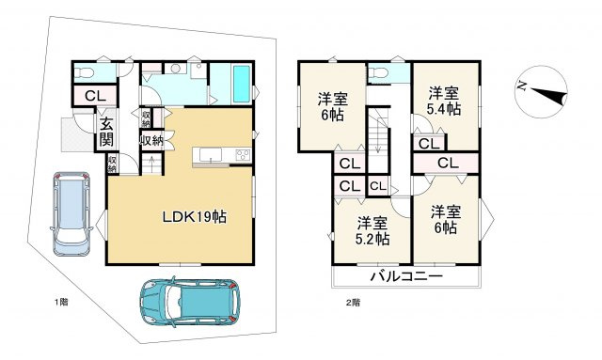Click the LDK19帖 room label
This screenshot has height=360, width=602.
(195, 217)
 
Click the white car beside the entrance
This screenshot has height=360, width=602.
(71, 213)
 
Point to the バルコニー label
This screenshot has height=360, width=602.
(406, 276)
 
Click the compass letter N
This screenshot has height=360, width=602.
(521, 86)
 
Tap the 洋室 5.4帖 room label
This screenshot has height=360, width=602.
(444, 101)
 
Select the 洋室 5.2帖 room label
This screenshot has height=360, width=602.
(372, 230)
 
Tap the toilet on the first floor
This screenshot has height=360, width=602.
(85, 72)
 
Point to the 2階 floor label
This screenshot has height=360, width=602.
(354, 303)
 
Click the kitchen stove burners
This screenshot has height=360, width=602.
(243, 155)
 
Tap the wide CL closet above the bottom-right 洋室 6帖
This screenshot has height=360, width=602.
(446, 164)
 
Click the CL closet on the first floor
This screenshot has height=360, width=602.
(95, 96)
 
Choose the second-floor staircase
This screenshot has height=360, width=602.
(378, 140)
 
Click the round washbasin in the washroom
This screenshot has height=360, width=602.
(176, 69)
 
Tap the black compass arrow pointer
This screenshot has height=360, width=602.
(549, 95)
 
